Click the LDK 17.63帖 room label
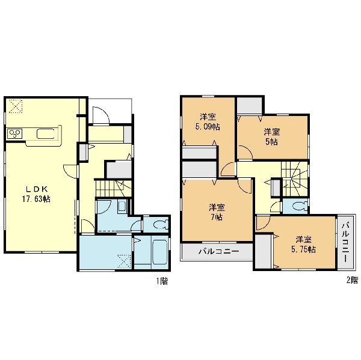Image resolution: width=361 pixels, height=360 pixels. pyautogui.click(x=36, y=194)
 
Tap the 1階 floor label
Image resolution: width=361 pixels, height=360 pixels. pyautogui.click(x=162, y=281)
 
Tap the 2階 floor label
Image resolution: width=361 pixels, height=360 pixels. pyautogui.click(x=352, y=280)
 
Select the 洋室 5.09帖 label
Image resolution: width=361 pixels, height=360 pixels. pyautogui.click(x=208, y=122)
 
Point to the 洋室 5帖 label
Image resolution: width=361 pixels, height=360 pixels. pyautogui.click(x=272, y=137)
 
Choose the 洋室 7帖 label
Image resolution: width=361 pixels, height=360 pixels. pyautogui.click(x=217, y=212)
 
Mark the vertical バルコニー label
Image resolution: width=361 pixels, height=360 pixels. pyautogui.click(x=345, y=242)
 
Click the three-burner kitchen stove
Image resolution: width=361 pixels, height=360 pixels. pyautogui.click(x=15, y=133)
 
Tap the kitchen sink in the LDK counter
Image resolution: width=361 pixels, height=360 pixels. pyautogui.click(x=46, y=134)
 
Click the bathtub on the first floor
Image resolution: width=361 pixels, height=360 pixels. pyautogui.click(x=159, y=252)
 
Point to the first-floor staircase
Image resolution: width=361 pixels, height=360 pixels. pyautogui.click(x=113, y=188)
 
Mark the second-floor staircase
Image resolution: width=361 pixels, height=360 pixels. pyautogui.click(x=295, y=178)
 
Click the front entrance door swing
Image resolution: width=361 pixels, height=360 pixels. pyautogui.click(x=100, y=115)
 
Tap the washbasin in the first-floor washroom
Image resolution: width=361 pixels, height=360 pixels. pyautogui.click(x=122, y=206)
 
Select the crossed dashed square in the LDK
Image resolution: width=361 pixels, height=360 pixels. pyautogui.click(x=16, y=106)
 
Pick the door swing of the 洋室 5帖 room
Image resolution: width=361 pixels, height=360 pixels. pyautogui.click(x=245, y=152)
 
